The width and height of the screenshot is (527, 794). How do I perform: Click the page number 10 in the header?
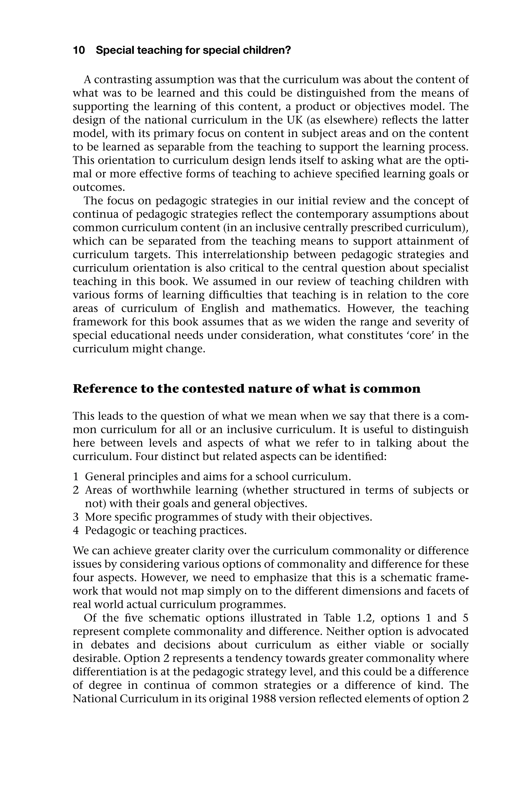tap(79, 50)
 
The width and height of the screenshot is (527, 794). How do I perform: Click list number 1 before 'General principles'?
tap(76, 477)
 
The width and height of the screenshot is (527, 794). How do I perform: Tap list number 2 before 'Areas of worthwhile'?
tap(76, 490)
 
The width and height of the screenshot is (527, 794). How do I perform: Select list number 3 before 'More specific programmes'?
tap(76, 517)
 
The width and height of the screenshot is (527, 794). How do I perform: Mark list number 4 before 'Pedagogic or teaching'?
tap(76, 530)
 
